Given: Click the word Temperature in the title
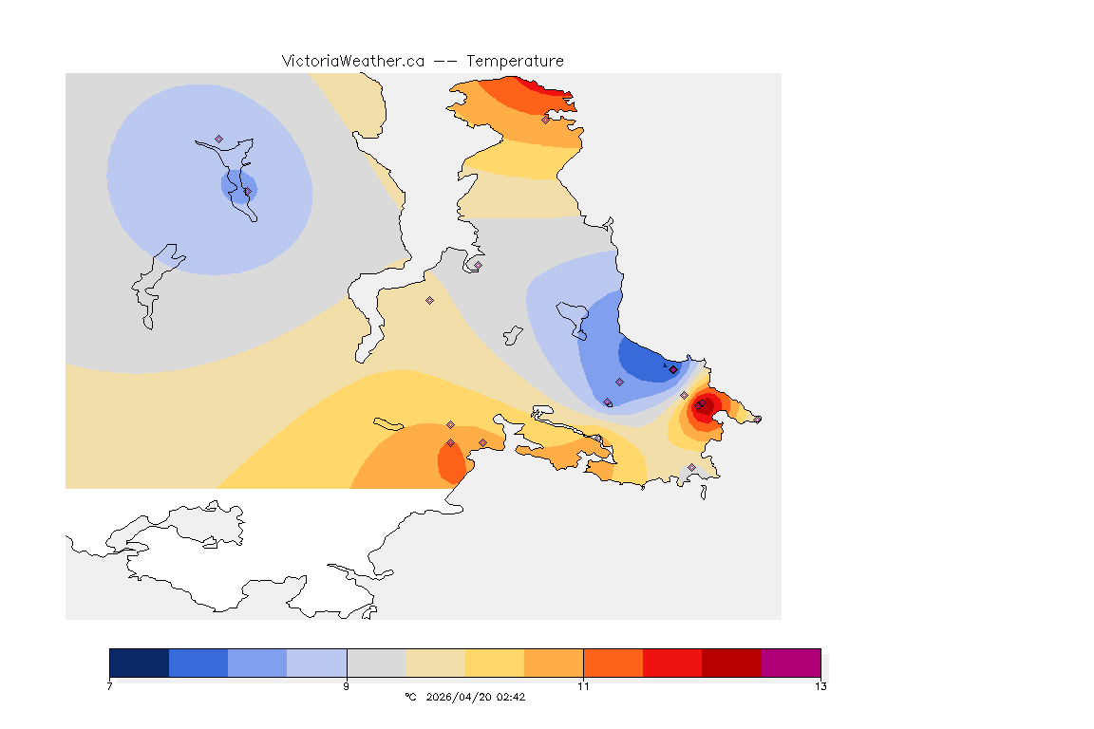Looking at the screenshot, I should click(515, 61).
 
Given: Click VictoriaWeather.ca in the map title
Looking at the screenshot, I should click(352, 61).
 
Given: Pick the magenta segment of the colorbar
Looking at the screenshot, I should click(791, 663).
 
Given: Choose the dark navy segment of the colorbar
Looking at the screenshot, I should click(140, 663).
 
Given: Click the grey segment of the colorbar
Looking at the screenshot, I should click(376, 663).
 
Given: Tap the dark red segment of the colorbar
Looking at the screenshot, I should click(731, 663).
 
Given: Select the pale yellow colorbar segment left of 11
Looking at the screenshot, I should click(495, 663).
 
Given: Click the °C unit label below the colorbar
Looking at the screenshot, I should click(410, 697).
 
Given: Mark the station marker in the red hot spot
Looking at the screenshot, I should click(699, 405).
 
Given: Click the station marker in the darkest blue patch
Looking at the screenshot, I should click(673, 369).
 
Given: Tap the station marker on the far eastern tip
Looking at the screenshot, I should click(757, 419).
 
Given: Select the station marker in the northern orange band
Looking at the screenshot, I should click(545, 120).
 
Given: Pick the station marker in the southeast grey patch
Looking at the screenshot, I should click(691, 467).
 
